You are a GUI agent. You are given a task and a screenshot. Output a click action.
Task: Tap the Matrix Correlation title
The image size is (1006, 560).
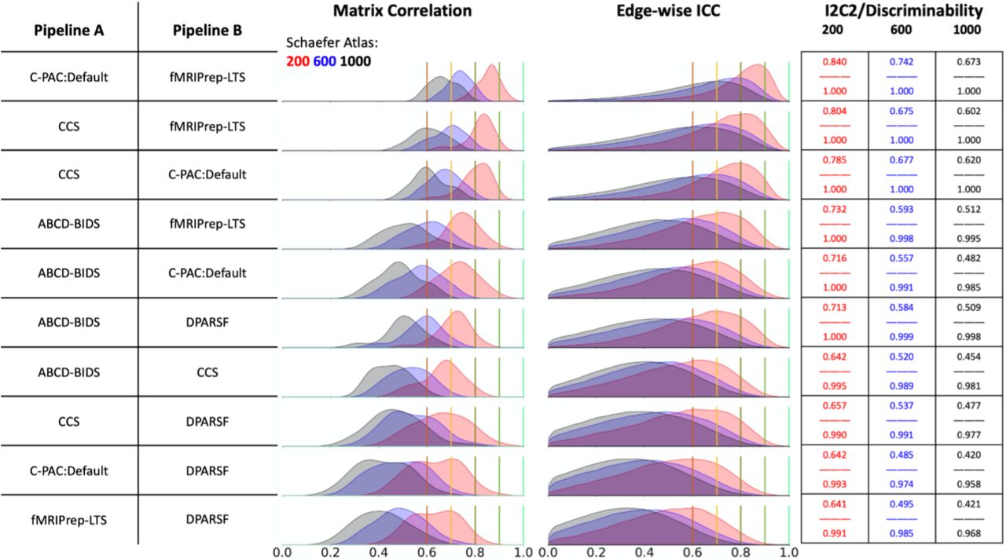coord(402,11)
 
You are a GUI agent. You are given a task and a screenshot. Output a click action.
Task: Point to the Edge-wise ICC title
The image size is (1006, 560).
coord(667,11)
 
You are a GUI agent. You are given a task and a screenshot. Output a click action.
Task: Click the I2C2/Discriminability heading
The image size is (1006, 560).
coord(901,11)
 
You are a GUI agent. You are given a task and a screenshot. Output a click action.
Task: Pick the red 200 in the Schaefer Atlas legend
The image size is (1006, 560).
coord(295,60)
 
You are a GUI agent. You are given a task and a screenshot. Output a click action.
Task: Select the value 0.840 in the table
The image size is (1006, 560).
coord(834,62)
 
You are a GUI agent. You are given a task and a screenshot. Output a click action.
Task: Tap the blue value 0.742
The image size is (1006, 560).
coord(901,62)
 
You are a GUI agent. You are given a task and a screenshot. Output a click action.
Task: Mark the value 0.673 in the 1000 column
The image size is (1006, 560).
coord(968,62)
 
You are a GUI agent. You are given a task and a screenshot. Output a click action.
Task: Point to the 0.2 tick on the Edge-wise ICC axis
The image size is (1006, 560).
coord(596,552)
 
